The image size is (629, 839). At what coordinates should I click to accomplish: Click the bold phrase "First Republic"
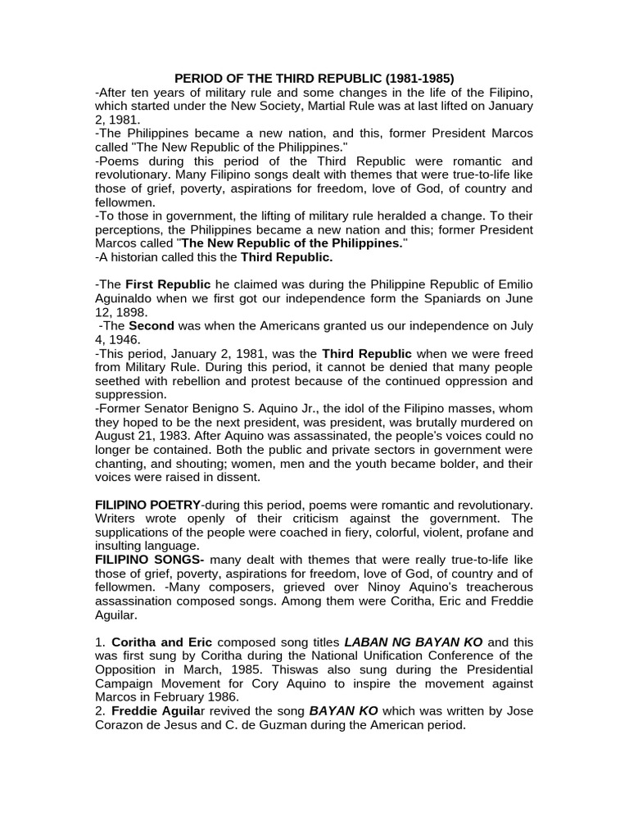click(167, 284)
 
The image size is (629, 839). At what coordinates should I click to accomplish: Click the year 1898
click(134, 312)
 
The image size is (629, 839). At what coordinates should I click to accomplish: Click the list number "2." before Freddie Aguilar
click(101, 711)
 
